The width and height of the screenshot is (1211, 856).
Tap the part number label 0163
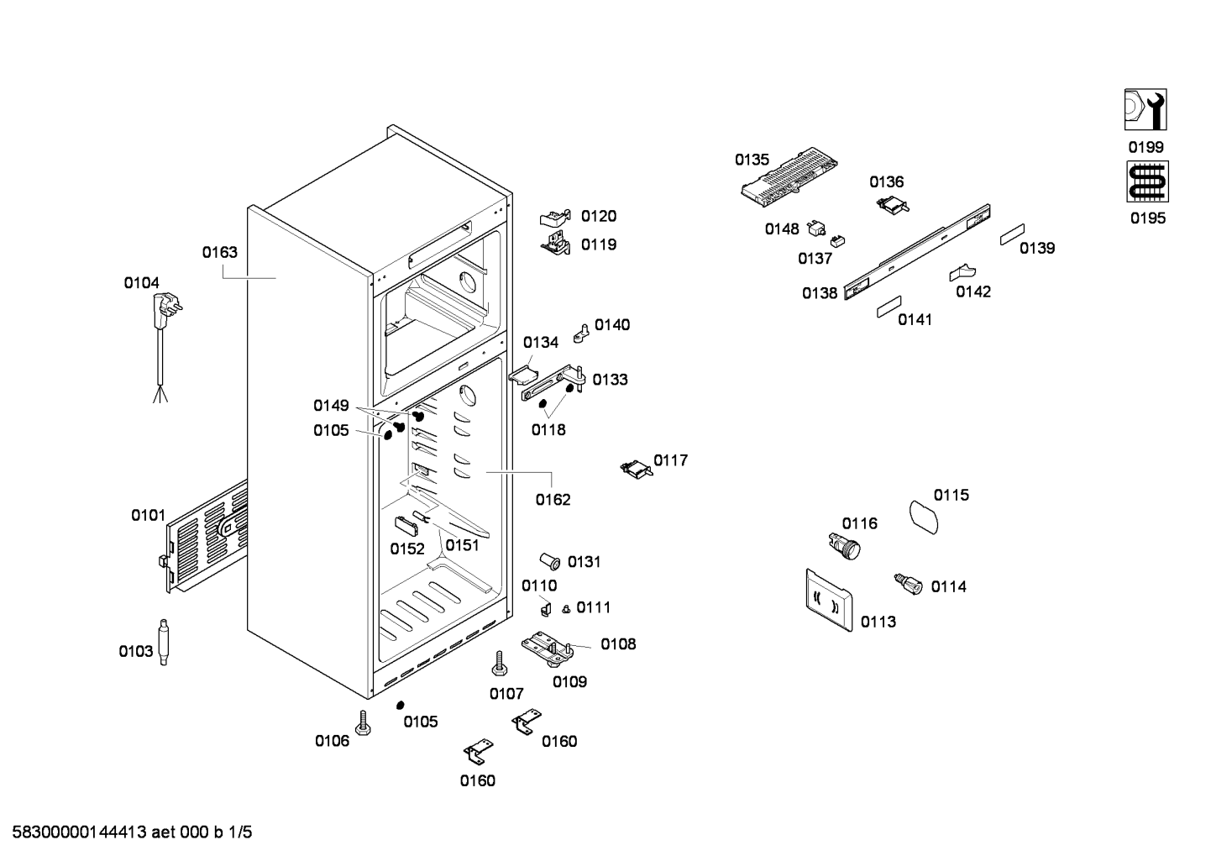click(x=219, y=252)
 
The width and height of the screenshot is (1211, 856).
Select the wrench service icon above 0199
click(x=1146, y=110)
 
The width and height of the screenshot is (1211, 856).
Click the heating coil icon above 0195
click(x=1146, y=181)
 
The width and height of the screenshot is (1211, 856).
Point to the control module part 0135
click(x=789, y=176)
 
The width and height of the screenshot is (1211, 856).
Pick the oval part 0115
click(x=926, y=515)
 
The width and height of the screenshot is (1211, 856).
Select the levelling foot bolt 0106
click(x=364, y=723)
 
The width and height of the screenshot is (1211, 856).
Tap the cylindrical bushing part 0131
click(x=551, y=561)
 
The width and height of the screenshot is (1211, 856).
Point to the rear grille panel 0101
click(x=207, y=538)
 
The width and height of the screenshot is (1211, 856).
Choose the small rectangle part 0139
click(x=1012, y=235)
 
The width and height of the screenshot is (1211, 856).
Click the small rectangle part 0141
click(x=889, y=306)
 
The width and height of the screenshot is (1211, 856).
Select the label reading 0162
click(x=553, y=500)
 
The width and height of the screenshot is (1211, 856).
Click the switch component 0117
click(x=636, y=468)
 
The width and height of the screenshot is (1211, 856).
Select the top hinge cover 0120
click(x=555, y=218)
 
